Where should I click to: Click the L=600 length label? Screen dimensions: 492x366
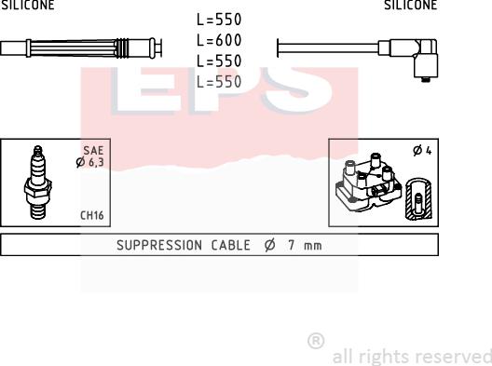[219, 40]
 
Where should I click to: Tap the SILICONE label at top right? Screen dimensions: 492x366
[410, 5]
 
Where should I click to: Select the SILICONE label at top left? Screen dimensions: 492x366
[27, 5]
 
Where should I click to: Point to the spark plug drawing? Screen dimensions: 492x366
[38, 183]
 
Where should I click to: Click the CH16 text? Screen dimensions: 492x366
[91, 215]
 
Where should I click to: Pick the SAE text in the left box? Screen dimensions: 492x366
[93, 151]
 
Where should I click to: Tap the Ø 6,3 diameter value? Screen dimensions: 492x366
[89, 162]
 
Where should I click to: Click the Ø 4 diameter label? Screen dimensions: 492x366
[422, 151]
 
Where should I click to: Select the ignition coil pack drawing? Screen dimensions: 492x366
[368, 182]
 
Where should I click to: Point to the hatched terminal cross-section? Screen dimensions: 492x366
[418, 199]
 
